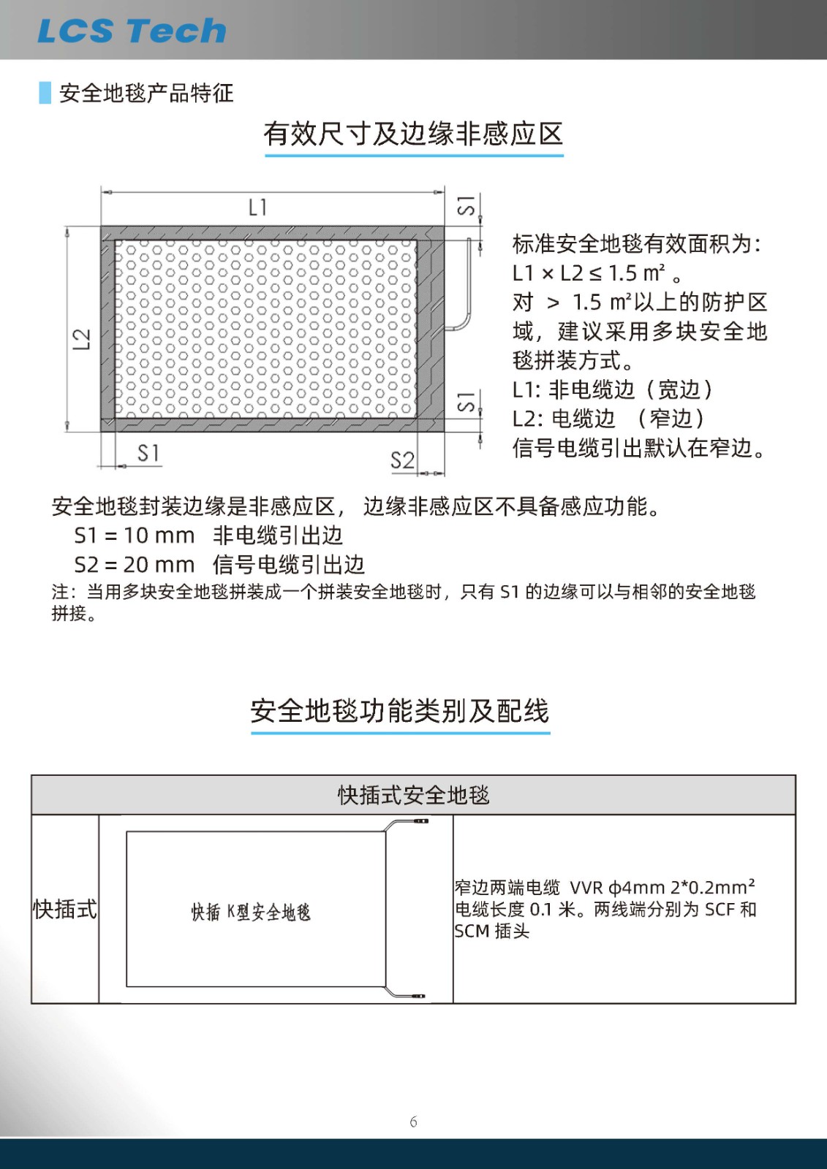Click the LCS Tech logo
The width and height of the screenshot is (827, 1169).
point(132,31)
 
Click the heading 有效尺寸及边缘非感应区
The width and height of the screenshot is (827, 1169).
point(413,134)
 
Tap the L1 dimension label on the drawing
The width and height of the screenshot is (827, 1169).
point(257,207)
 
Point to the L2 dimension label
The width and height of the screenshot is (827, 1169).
point(82,339)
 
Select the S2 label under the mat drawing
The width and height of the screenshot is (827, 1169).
point(402,460)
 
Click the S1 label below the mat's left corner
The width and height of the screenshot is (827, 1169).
point(148,453)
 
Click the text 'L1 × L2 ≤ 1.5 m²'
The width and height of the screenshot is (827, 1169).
point(589,273)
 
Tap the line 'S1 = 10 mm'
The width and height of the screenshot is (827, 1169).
point(135,536)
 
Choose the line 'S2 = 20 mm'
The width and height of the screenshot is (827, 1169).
point(135,565)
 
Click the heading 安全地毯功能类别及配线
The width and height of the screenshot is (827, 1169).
point(400,711)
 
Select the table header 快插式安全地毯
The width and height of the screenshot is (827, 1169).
point(413,795)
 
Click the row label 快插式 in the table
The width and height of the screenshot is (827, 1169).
point(65,910)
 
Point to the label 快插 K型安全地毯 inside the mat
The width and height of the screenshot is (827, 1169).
point(251,912)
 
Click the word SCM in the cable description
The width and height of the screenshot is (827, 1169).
point(472,932)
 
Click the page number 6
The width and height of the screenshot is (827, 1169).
point(413,1122)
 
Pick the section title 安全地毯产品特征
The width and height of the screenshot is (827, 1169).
point(146,94)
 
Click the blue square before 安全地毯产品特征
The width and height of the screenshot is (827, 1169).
point(45,93)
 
